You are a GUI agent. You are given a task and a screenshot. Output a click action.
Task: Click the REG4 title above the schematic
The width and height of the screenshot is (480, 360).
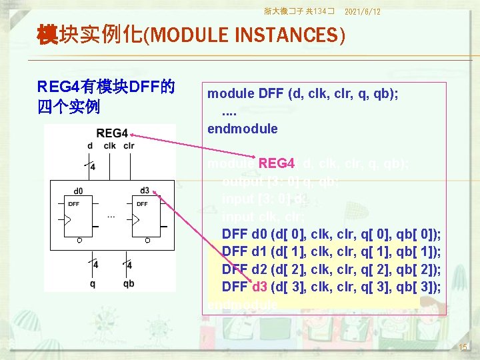pos(111,133)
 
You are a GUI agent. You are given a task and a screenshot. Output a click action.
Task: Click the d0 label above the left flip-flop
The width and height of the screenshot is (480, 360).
pos(78,191)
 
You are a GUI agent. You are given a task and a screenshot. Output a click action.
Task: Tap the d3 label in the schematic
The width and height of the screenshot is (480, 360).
pos(145,191)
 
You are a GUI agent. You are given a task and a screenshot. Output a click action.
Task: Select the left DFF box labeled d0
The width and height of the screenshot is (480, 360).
pos(79,217)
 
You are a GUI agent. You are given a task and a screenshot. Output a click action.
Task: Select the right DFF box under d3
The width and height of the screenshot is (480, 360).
pos(147,217)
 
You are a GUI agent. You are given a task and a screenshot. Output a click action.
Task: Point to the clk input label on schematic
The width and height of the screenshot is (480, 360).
pos(109,146)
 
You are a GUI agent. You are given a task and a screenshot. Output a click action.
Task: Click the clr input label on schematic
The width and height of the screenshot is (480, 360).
pos(129,146)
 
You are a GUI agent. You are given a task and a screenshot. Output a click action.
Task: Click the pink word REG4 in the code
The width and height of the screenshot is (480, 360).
pos(277,163)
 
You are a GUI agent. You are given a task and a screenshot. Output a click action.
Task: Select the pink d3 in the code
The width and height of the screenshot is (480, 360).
pos(259,287)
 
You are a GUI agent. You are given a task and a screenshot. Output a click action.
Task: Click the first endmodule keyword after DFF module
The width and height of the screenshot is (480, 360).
pos(242,128)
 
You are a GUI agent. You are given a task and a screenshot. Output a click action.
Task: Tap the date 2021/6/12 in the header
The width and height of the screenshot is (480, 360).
pos(363,11)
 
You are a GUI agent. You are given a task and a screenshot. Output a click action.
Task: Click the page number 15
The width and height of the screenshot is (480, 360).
pos(464,347)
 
